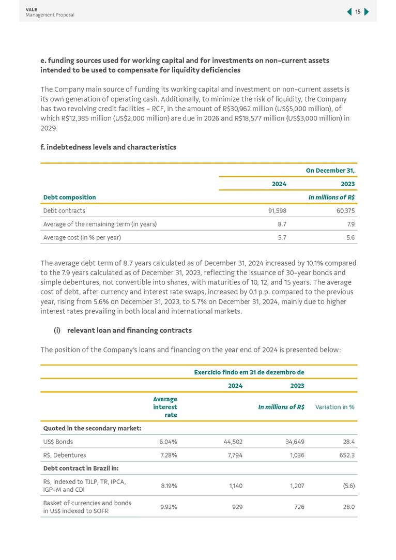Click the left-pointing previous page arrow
click(x=349, y=12)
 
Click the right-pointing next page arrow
click(x=367, y=12)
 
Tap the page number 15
click(x=358, y=12)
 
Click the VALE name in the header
click(x=31, y=9)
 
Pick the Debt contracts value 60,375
click(x=345, y=210)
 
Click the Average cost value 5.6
click(x=350, y=237)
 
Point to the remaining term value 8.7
click(x=282, y=224)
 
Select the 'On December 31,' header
click(x=330, y=170)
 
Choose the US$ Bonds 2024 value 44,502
click(x=233, y=442)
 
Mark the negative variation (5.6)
click(x=346, y=486)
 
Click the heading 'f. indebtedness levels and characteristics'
click(x=108, y=147)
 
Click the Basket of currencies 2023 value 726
click(x=297, y=507)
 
